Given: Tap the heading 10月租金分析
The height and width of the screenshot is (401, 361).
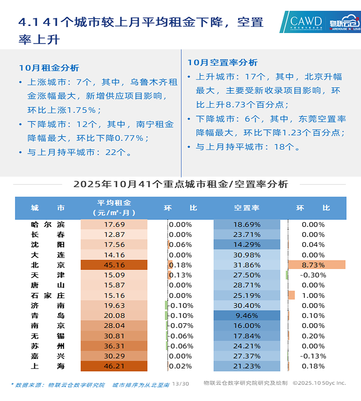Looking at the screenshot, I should (x=49, y=68).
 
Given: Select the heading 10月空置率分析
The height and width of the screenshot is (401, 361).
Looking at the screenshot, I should (x=222, y=62).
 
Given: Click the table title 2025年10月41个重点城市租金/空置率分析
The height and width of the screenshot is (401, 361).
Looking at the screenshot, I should (x=180, y=184).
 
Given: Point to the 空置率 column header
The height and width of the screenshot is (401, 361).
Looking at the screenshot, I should (x=247, y=208).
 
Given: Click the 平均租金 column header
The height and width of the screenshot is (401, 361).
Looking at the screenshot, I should (x=114, y=208).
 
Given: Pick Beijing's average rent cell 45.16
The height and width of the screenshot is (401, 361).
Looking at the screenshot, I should (x=114, y=265).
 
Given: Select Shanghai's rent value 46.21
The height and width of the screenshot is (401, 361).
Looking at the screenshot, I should (x=114, y=366).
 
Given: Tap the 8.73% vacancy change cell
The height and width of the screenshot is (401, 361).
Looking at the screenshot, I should (x=313, y=265).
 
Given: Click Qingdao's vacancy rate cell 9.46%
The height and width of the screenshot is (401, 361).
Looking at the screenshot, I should (x=247, y=315).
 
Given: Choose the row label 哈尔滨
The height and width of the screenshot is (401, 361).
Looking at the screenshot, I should (x=48, y=225).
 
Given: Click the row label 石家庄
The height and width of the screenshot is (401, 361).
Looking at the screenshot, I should (x=48, y=295).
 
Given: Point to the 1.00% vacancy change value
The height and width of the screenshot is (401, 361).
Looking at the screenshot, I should (x=313, y=295).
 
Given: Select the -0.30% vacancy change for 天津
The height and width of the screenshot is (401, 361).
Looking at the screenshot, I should (x=313, y=275).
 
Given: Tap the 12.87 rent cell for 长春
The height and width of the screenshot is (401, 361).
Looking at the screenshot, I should (x=114, y=235).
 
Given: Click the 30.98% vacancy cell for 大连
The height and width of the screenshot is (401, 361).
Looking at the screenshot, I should (x=247, y=255).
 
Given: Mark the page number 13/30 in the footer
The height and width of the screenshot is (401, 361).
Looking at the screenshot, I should (x=180, y=384).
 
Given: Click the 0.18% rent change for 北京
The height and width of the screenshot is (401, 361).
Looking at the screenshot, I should (x=180, y=265).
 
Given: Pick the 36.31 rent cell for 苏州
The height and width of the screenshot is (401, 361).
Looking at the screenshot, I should (x=114, y=346).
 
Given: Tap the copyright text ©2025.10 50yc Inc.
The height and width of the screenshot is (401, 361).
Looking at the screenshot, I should (x=319, y=383).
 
